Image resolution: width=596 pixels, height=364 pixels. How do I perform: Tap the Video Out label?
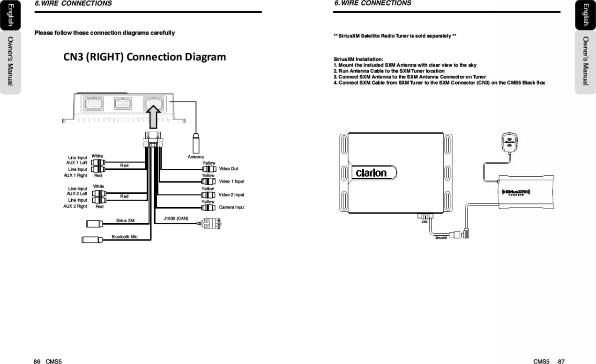[x=229, y=168]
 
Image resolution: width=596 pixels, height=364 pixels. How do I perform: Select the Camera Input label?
[x=231, y=207]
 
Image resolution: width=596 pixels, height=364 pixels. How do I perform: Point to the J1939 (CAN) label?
[x=176, y=218]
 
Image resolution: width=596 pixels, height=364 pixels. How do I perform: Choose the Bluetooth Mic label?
[x=124, y=237]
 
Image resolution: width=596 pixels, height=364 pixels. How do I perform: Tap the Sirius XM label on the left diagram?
[x=125, y=220]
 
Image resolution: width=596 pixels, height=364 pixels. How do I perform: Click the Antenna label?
[x=195, y=157]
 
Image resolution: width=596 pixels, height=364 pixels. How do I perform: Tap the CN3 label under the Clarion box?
[x=424, y=222]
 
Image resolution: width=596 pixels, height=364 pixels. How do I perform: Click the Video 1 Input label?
[x=231, y=182]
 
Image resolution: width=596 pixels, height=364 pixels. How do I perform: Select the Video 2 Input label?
[x=231, y=195]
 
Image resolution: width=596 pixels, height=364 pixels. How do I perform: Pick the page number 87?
[x=561, y=361]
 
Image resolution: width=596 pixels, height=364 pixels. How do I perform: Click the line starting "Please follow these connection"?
[x=105, y=33]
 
